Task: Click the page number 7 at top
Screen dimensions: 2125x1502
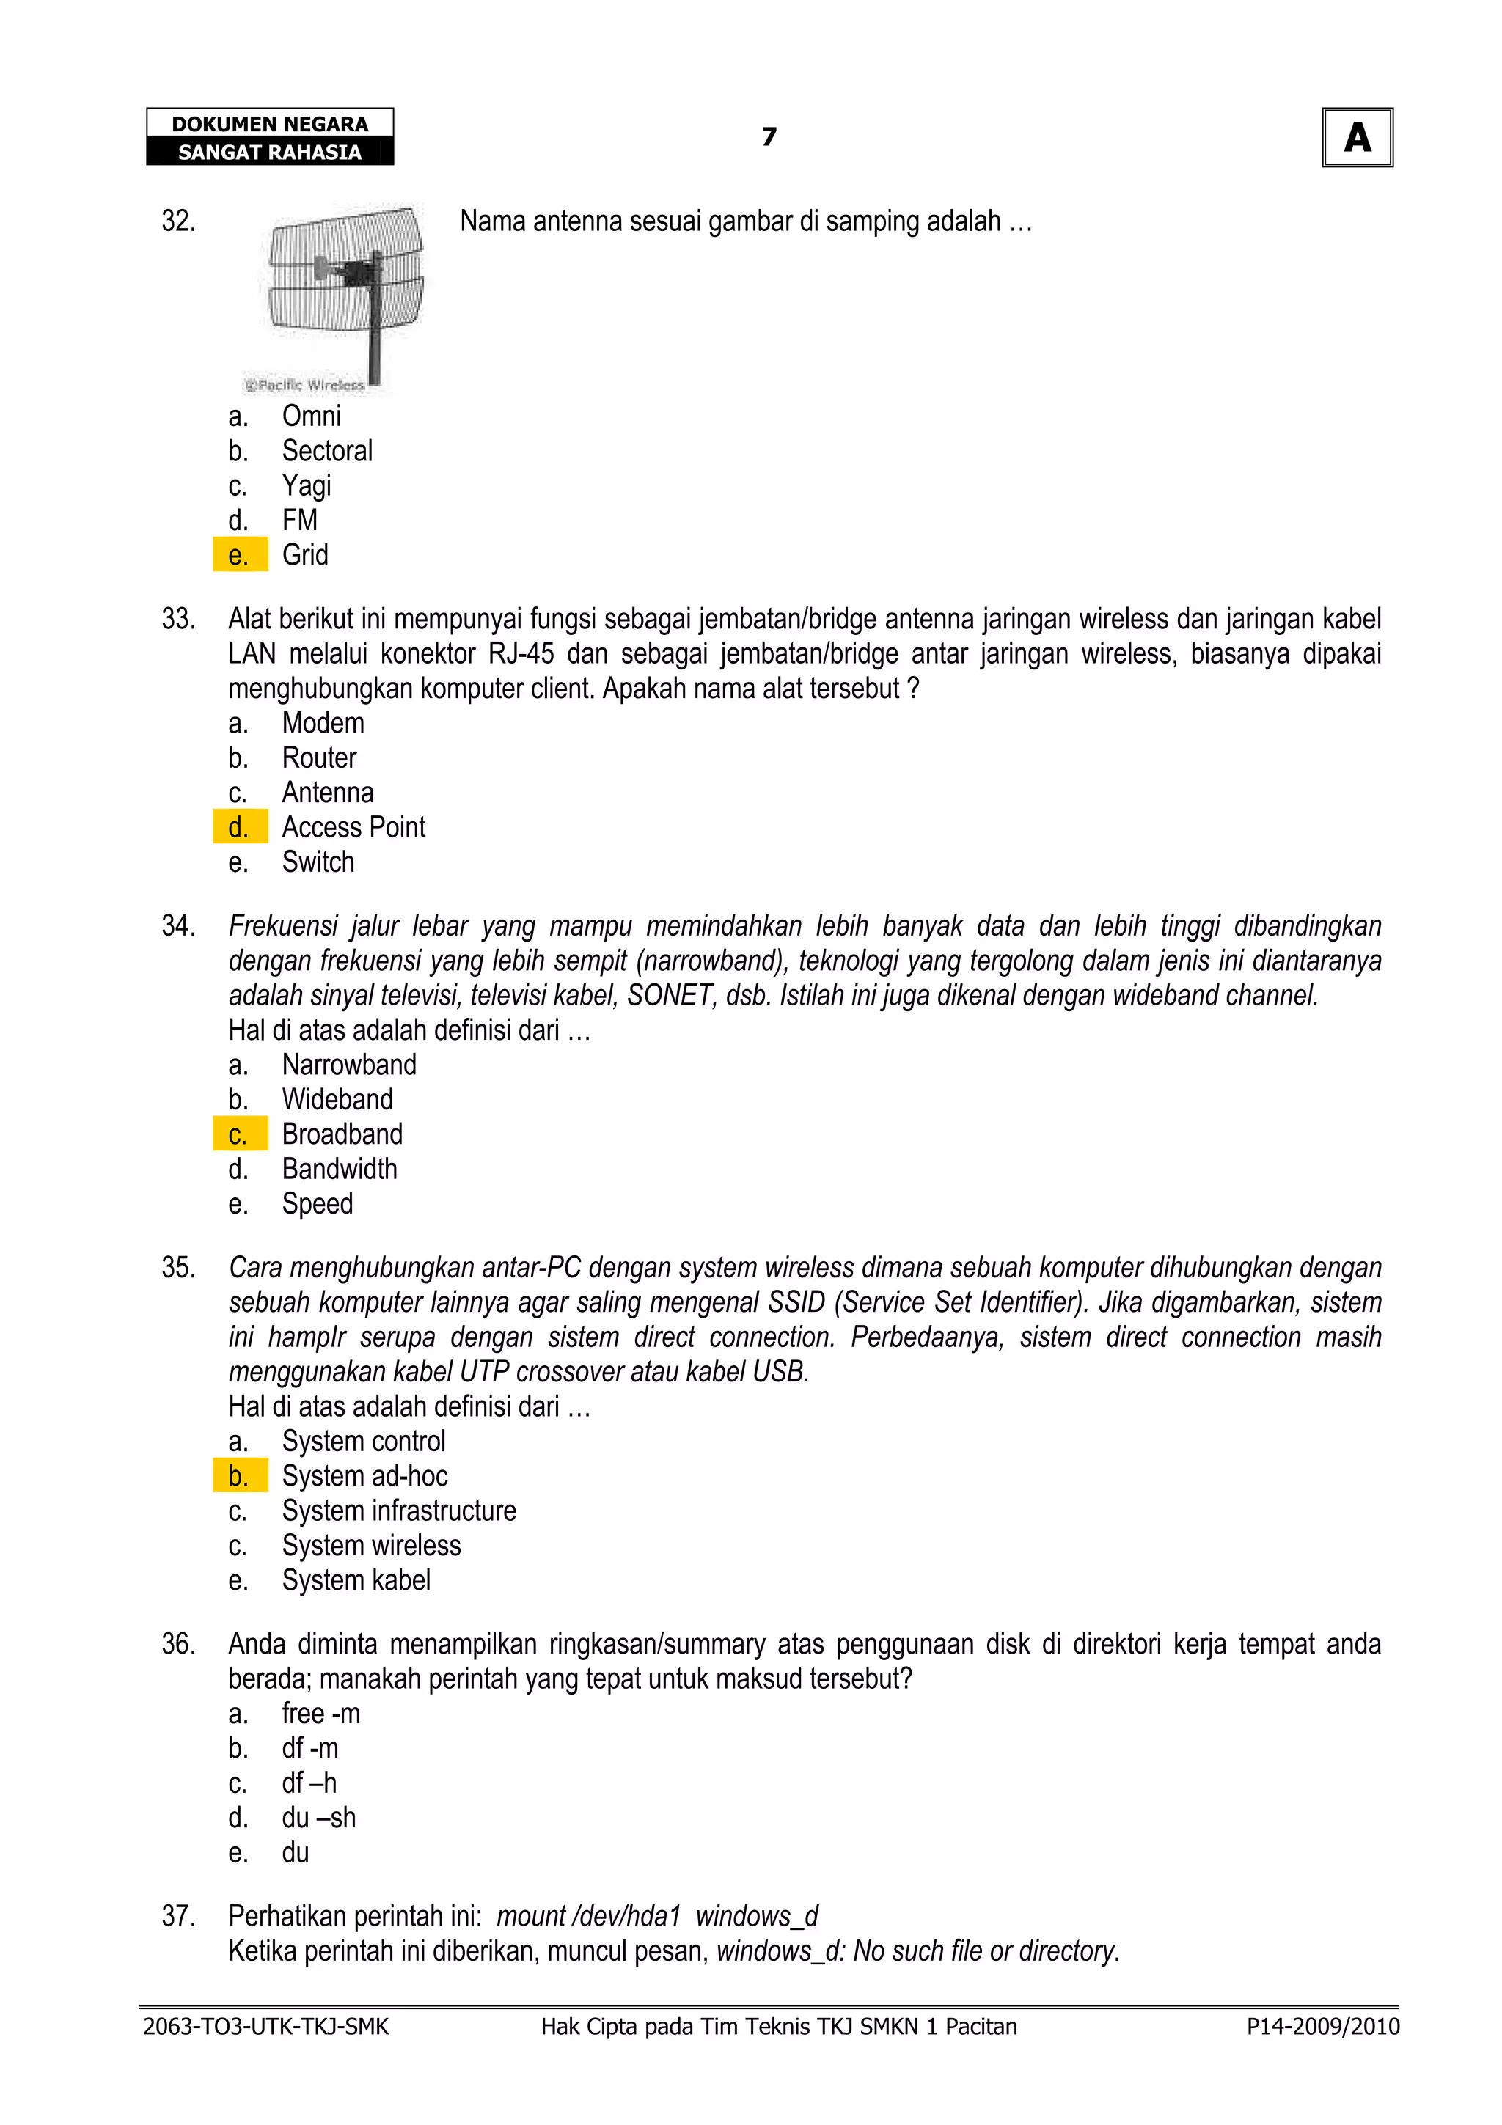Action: [x=768, y=137]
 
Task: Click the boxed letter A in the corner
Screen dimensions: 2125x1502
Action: [x=1357, y=138]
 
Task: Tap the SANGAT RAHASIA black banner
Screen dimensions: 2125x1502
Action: [x=269, y=152]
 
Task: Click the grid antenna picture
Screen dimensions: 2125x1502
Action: [x=342, y=287]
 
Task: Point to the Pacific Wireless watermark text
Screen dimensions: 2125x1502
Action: [x=304, y=385]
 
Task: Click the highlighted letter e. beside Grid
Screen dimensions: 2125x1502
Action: [x=239, y=555]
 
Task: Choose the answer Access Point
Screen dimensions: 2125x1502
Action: [x=353, y=827]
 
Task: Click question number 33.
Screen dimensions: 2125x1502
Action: [x=179, y=619]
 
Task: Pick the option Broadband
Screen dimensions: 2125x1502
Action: [x=342, y=1134]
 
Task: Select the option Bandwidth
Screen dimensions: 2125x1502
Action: [x=339, y=1170]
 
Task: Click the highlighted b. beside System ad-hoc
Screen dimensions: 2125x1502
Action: [x=239, y=1476]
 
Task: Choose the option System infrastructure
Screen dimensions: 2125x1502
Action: [x=399, y=1511]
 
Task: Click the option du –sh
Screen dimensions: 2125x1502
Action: [x=318, y=1818]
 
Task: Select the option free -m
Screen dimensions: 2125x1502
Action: [x=320, y=1714]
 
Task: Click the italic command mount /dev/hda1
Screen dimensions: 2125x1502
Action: [x=589, y=1917]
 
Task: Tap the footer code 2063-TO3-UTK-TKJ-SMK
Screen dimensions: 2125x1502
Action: [x=265, y=2027]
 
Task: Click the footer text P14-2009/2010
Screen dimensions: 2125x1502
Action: [x=1322, y=2027]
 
